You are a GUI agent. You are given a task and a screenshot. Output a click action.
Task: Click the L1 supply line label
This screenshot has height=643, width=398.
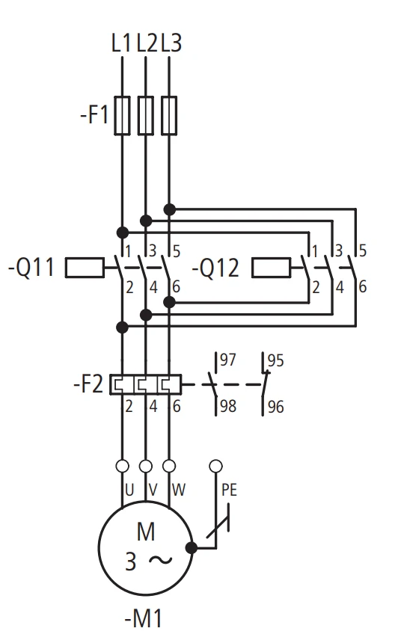(x=121, y=43)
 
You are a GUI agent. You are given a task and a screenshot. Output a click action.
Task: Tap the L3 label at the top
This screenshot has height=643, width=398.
(x=171, y=43)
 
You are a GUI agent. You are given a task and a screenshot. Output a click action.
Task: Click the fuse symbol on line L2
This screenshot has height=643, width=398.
(x=146, y=116)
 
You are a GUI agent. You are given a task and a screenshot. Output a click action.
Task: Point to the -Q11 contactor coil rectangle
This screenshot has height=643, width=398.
(x=85, y=268)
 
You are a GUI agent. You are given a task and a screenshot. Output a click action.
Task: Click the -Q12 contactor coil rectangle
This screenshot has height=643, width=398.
(x=272, y=268)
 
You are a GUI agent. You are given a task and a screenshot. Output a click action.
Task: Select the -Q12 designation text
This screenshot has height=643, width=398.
(x=215, y=268)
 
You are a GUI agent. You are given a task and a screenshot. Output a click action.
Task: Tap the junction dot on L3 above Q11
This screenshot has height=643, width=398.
(x=170, y=209)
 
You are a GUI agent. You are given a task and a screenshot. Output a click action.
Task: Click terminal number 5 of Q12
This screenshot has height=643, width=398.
(x=362, y=250)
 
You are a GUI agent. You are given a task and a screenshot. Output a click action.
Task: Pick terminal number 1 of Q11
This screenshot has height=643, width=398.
(x=128, y=251)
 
